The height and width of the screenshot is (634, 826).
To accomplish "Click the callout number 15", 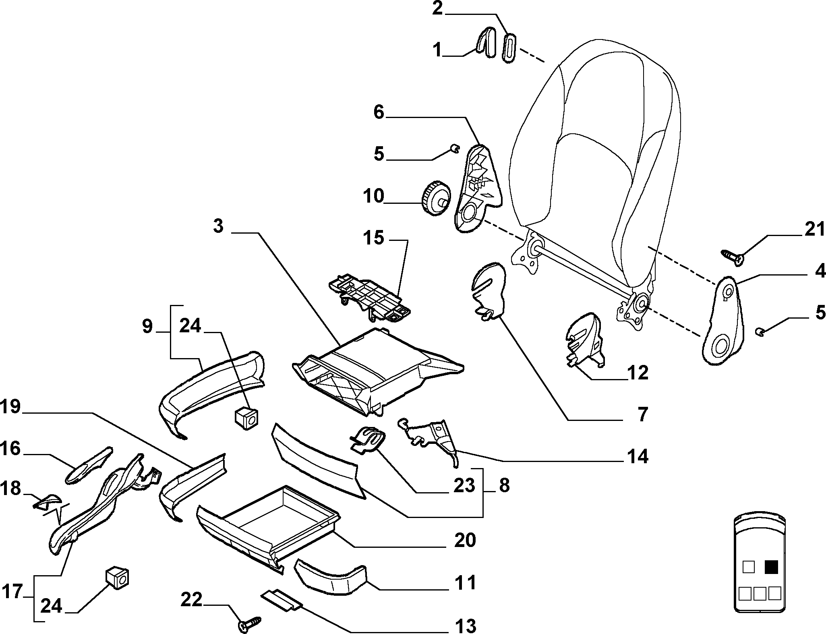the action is pos(373,238).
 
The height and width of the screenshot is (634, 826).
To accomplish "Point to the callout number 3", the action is pos(218,227).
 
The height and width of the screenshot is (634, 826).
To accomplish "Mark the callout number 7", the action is pos(642,414).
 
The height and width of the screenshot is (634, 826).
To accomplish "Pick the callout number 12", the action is pos(637,373).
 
